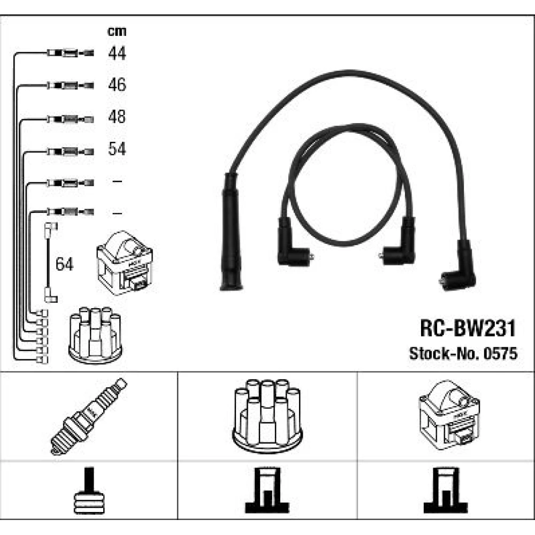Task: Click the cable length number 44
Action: point(117,53)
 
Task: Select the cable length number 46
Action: point(117,85)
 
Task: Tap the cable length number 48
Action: point(117,117)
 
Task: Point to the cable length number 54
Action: point(117,149)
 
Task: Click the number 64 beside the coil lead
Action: point(65,264)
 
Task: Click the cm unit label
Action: point(117,32)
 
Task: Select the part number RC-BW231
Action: point(468,328)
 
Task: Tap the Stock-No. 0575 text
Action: point(463,354)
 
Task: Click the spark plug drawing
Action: point(89,416)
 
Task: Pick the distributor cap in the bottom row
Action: point(267,416)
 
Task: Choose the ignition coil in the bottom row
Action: point(449,415)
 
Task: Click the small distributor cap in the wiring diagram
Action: point(95,335)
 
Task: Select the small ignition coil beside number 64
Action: point(125,263)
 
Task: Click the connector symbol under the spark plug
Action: point(89,490)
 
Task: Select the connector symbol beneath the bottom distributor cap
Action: point(267,490)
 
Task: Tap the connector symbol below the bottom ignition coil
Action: point(446,490)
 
